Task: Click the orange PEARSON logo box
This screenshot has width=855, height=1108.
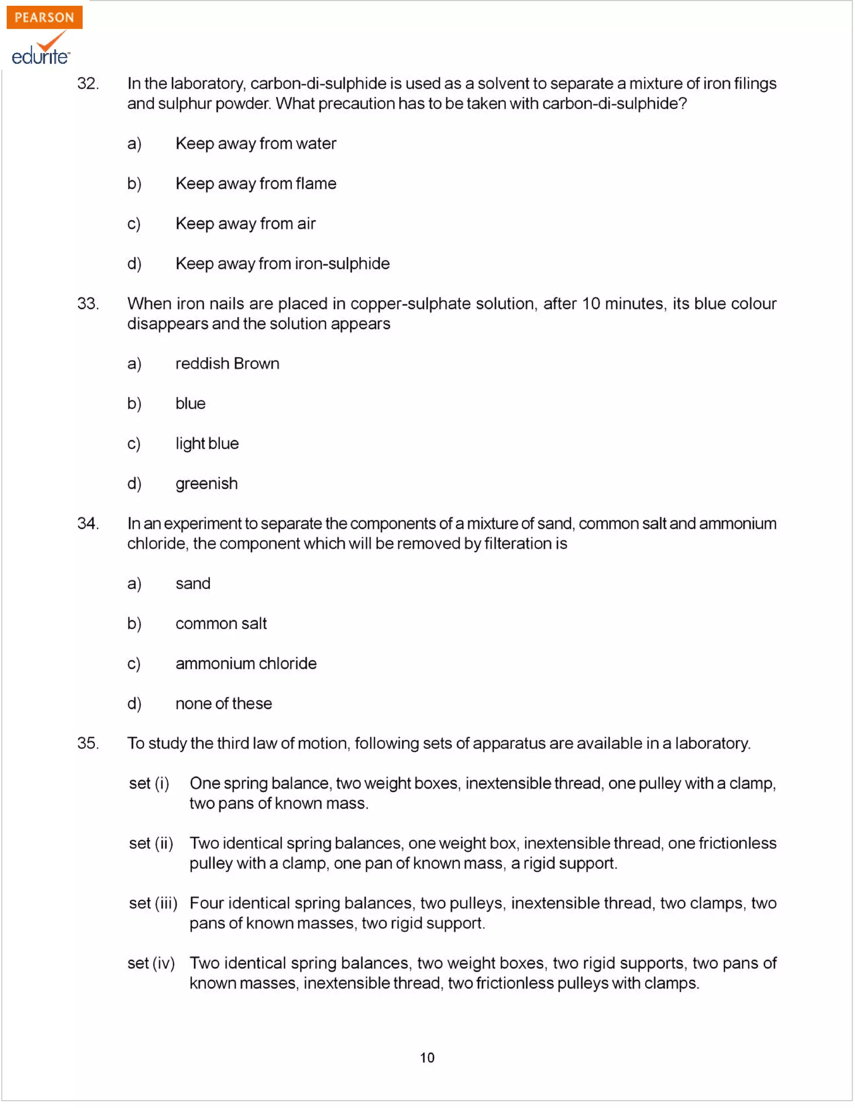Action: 44,17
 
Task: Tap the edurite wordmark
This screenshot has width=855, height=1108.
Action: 40,56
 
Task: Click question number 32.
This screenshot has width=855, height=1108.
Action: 88,83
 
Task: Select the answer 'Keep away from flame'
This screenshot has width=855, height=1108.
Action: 256,184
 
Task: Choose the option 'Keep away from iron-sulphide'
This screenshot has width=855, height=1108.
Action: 282,264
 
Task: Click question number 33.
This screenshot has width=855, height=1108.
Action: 88,303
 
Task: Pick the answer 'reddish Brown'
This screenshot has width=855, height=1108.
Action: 228,364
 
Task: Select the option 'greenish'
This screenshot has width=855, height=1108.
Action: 207,484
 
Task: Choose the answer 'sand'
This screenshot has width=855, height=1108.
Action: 193,584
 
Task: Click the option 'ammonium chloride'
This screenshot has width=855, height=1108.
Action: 246,664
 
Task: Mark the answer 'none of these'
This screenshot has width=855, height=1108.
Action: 224,704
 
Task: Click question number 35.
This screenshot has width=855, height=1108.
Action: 88,744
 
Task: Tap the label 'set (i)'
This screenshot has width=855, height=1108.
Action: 149,784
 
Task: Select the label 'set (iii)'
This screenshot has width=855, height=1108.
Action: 153,904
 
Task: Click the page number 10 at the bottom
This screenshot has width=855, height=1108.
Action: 427,1058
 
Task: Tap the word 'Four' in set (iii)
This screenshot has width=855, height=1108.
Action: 207,904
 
